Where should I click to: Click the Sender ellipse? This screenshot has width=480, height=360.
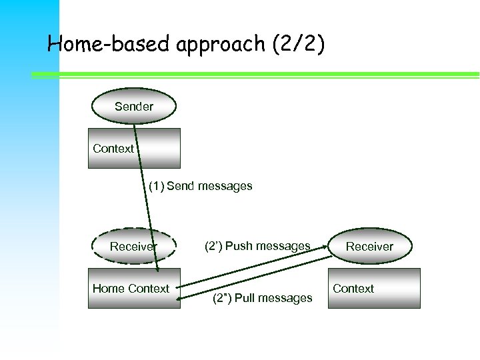click(x=133, y=107)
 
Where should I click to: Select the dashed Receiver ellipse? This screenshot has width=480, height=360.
click(x=133, y=247)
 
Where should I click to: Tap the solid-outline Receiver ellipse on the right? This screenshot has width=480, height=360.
click(x=369, y=247)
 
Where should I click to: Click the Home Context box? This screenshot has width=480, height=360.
click(x=134, y=288)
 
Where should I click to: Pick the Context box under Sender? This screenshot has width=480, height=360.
click(x=135, y=148)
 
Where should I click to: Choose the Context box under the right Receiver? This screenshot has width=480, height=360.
click(x=376, y=288)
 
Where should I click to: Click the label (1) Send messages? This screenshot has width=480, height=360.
click(x=200, y=186)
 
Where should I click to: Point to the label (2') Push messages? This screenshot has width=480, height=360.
click(x=257, y=246)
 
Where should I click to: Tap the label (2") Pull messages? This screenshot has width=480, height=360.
click(x=262, y=298)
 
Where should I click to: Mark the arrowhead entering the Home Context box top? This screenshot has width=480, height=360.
click(x=157, y=269)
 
